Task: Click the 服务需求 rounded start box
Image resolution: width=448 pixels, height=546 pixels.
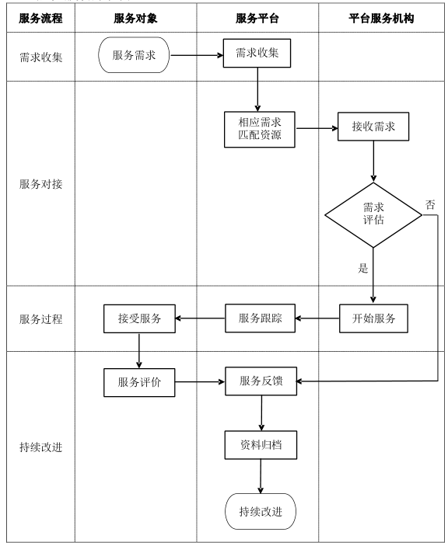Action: point(134,55)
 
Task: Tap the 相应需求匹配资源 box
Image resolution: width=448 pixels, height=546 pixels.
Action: point(260,127)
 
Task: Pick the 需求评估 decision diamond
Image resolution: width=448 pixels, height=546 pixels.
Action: point(373,215)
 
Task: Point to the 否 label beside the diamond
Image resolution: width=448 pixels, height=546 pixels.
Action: point(429,205)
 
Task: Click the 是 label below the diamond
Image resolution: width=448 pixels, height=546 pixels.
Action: point(362,269)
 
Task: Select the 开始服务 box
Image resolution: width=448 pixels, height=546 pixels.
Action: point(373,318)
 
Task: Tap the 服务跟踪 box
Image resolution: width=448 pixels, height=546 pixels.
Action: point(260,318)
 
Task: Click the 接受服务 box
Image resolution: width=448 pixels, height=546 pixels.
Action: point(139,318)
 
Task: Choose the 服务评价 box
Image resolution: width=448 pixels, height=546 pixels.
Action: point(139,381)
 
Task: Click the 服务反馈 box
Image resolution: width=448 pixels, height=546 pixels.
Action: point(260,381)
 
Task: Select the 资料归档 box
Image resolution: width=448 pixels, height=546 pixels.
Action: point(260,447)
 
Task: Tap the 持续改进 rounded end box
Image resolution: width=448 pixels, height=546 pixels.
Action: point(260,511)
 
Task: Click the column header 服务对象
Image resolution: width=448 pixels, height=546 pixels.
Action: point(135,18)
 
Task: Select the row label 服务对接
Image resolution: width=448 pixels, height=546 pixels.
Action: point(41,185)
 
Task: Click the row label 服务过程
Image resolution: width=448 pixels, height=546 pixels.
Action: point(41,318)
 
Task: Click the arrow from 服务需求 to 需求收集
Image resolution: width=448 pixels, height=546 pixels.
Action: point(196,55)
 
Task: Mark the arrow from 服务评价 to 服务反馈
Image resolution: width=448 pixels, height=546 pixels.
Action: point(199,381)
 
